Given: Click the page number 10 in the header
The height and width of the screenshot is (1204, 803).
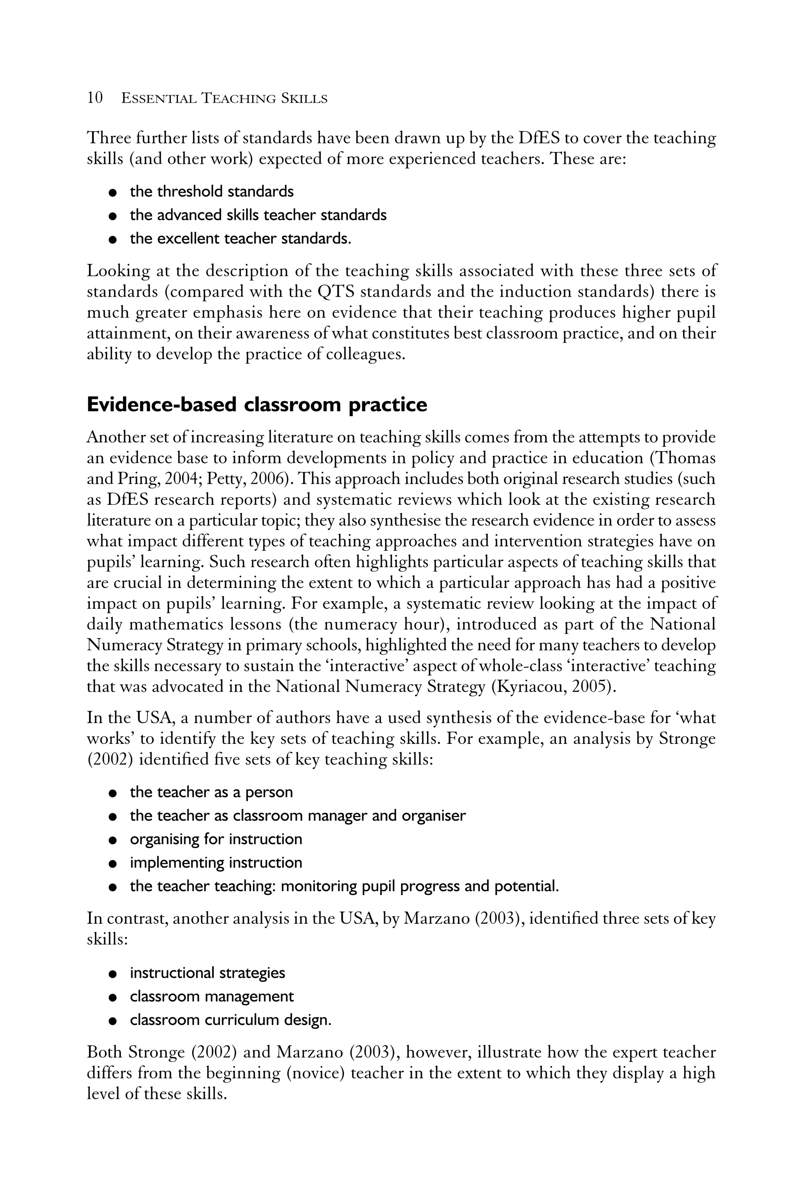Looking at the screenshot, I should (95, 98).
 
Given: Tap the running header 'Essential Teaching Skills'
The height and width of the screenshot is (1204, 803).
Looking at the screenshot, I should (224, 98).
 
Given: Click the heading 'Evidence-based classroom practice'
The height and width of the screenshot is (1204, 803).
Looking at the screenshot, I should (256, 404).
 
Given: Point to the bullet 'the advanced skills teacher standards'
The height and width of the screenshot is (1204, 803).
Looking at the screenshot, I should (258, 215).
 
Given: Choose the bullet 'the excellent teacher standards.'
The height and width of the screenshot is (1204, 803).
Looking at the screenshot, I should (241, 239).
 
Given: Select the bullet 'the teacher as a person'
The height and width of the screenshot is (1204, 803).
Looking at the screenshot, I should (211, 792).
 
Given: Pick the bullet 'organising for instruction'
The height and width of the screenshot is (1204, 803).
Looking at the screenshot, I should (216, 839).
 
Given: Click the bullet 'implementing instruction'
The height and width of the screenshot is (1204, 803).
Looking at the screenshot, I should (216, 863).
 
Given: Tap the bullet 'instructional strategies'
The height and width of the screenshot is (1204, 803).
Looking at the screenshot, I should (207, 973).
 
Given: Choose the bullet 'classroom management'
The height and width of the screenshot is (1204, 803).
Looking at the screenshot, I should (211, 996).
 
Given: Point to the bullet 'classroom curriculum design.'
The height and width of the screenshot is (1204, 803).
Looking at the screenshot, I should (231, 1020).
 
